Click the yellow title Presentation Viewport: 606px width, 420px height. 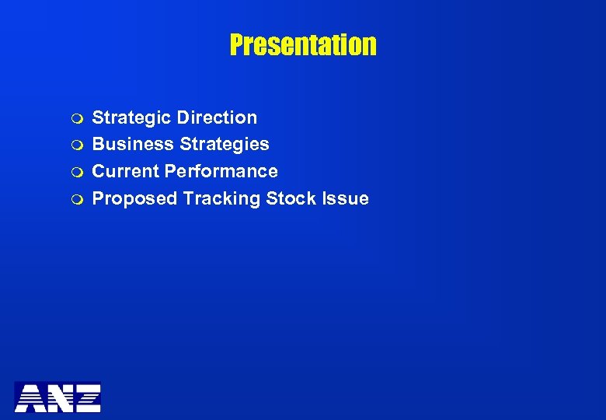point(303,45)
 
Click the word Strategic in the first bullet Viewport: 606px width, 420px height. point(131,118)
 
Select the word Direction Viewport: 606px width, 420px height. point(217,118)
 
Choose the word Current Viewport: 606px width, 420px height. point(125,171)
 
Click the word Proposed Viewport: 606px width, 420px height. point(135,198)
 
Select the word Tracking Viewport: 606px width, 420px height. point(222,198)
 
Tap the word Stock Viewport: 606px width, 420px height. point(287,198)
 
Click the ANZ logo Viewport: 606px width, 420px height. point(57,397)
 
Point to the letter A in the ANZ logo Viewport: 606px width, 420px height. point(30,397)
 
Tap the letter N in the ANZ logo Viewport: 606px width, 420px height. point(58,397)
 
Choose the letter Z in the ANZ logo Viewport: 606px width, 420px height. point(86,397)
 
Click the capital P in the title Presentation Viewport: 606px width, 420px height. point(236,45)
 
